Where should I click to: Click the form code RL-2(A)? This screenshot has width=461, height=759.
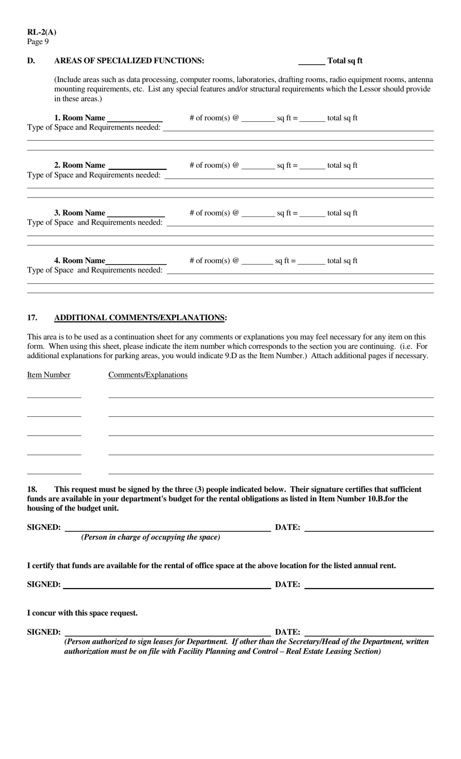click(42, 33)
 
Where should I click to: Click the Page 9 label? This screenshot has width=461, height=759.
click(38, 42)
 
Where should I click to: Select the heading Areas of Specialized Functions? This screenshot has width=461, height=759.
click(129, 61)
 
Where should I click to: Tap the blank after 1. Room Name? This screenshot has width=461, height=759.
click(135, 119)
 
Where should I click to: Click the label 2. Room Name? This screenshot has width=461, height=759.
click(80, 165)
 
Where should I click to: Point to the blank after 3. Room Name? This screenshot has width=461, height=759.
click(136, 214)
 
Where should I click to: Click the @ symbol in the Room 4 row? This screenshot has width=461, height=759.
click(236, 261)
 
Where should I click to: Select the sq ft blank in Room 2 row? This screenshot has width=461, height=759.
click(258, 167)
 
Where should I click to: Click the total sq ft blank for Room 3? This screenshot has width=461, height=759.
click(312, 214)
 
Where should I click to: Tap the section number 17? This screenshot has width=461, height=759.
click(32, 318)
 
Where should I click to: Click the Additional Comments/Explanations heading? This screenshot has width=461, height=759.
click(140, 318)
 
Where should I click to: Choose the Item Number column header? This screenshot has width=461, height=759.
click(49, 375)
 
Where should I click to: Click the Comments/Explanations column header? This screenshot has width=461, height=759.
click(148, 375)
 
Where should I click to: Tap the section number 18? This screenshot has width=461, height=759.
click(32, 490)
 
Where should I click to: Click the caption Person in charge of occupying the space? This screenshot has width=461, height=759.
click(150, 537)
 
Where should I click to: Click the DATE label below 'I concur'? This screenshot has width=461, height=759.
click(287, 632)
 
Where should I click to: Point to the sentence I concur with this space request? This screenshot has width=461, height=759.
click(82, 613)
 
